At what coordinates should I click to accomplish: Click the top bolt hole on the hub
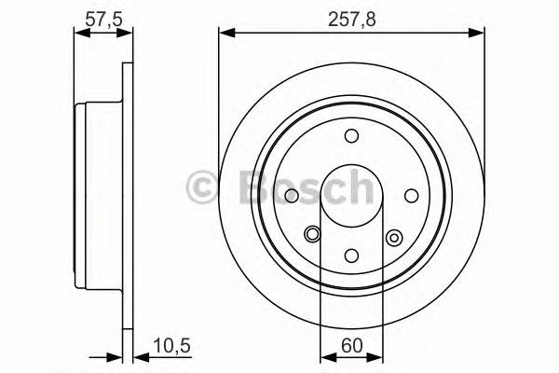351,136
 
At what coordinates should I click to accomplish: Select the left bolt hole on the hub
293,195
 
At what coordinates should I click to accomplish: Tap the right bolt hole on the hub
410,195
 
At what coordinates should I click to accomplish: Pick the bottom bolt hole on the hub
351,254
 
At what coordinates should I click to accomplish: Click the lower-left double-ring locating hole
311,236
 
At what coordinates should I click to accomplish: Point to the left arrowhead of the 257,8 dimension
225,34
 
